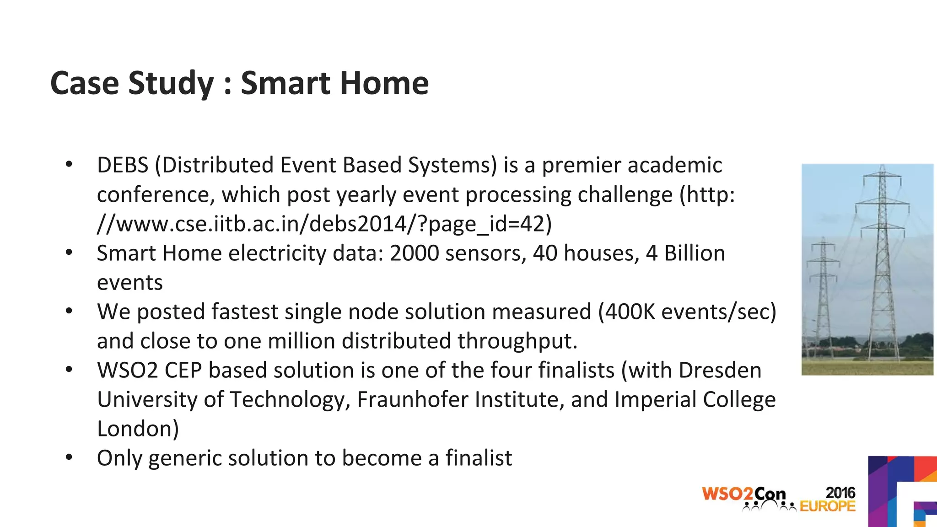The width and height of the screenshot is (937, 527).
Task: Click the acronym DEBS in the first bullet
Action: click(123, 165)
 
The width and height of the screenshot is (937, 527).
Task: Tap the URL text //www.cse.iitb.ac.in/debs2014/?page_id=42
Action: click(324, 224)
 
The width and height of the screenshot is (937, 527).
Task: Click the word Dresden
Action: click(720, 371)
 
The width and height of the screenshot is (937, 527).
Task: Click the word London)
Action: click(138, 429)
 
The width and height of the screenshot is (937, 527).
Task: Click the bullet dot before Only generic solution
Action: click(69, 457)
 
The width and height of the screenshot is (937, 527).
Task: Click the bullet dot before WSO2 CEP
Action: click(69, 369)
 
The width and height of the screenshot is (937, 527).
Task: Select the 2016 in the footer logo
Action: click(840, 493)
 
